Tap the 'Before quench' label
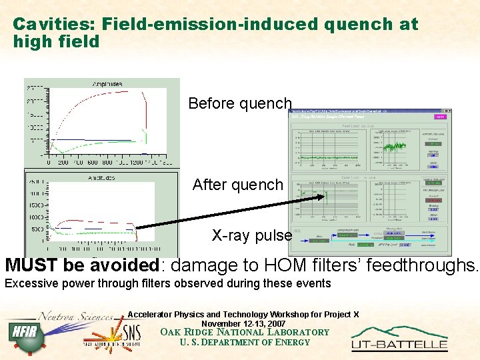point(240,103)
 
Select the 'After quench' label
point(238,185)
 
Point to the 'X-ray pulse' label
point(252,235)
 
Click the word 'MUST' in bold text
point(32,265)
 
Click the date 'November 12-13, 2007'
point(243,323)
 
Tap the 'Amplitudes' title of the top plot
point(107,84)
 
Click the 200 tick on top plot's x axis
point(63,162)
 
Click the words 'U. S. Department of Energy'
point(245,343)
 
